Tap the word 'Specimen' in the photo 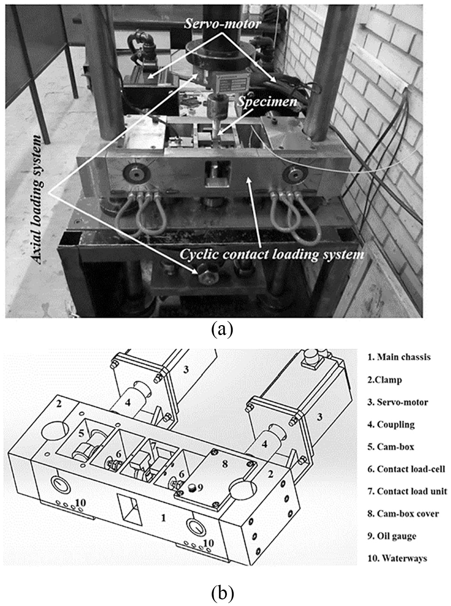[x=267, y=102]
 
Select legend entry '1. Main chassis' [x=399, y=357]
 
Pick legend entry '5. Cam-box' [x=391, y=447]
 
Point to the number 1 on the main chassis [x=163, y=510]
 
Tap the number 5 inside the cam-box [x=82, y=433]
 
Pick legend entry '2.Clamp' [x=384, y=380]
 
